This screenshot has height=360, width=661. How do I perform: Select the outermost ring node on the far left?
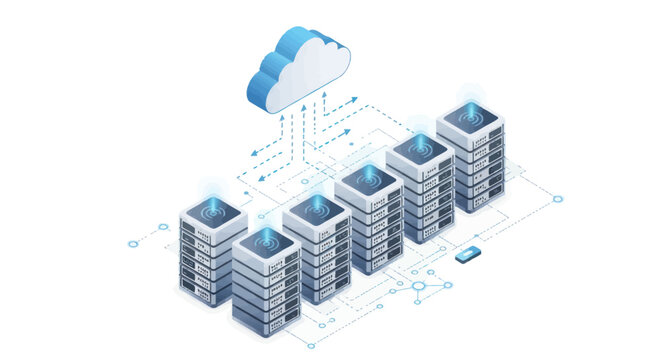click(x=132, y=243)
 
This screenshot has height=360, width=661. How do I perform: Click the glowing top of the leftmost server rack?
click(x=213, y=213)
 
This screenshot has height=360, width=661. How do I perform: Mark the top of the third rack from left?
click(x=316, y=211)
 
